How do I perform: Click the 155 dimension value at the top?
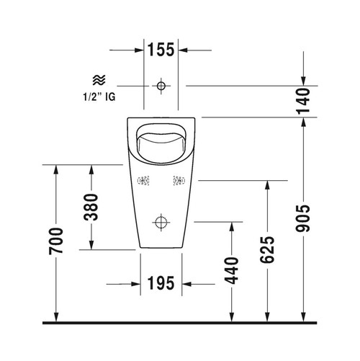point(161,50)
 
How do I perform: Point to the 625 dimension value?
point(267,249)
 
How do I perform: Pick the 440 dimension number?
point(232,270)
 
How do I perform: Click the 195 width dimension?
point(161,283)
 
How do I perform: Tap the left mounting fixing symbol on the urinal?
point(143,182)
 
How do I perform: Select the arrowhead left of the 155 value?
point(138,50)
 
